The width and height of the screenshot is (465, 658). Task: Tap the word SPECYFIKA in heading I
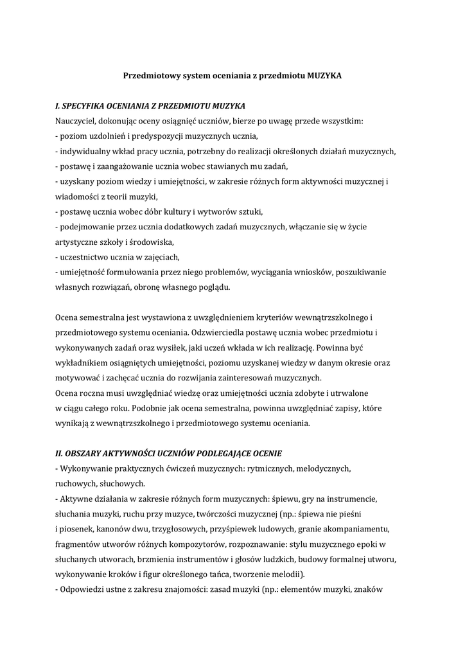coord(86,105)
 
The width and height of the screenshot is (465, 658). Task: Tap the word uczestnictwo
coord(82,257)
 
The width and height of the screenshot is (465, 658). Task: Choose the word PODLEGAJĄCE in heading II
coord(224,454)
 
